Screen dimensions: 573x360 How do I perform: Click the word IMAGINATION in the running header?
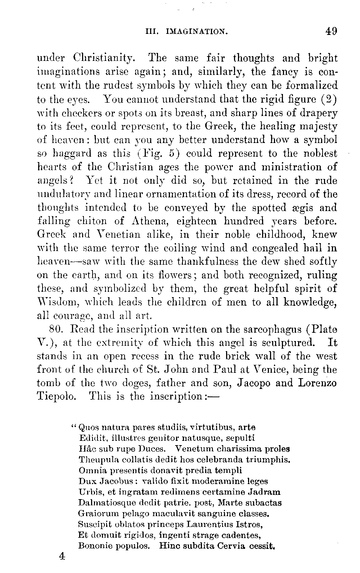point(196,32)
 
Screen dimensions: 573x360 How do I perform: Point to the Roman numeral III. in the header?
point(150,32)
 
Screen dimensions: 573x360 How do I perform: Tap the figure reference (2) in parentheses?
point(329,99)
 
